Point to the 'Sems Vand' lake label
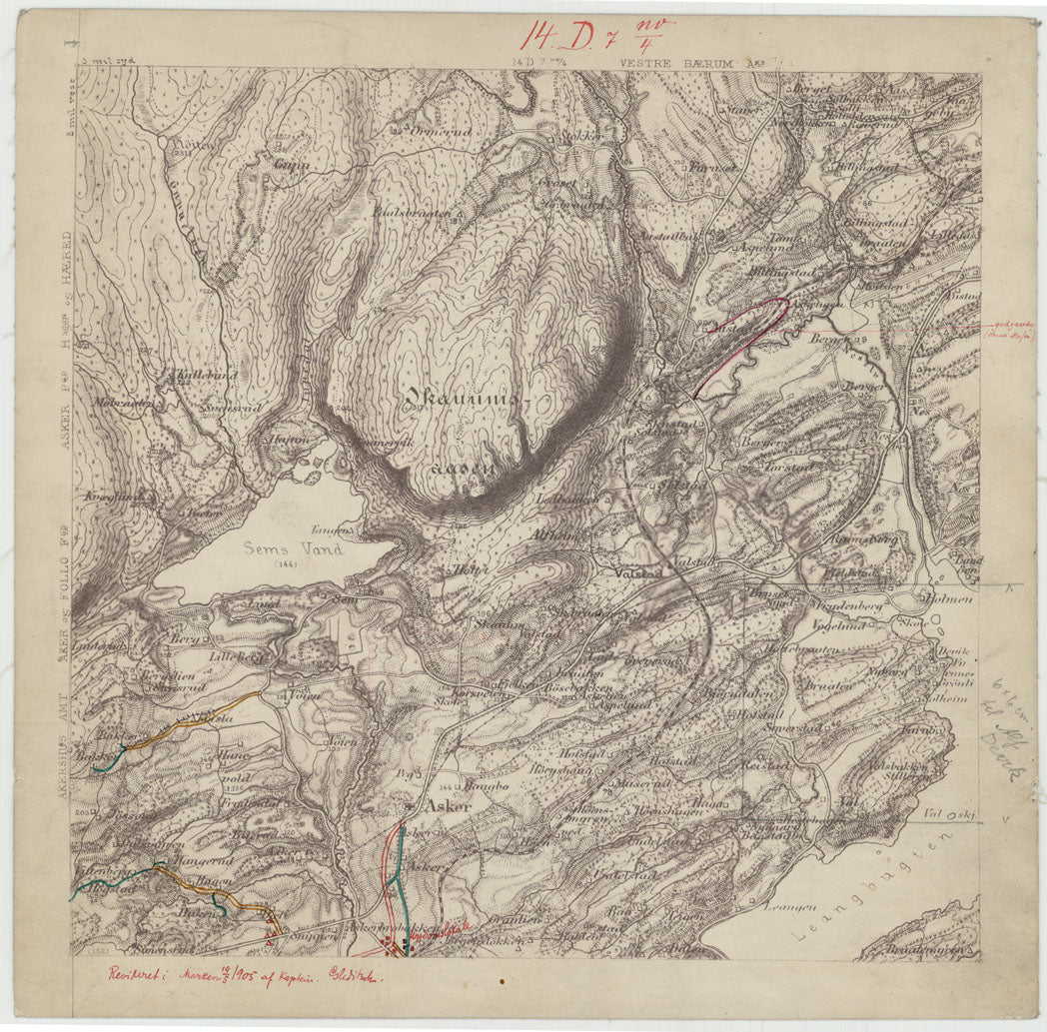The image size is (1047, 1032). click(295, 548)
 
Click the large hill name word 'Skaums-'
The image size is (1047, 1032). click(465, 401)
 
